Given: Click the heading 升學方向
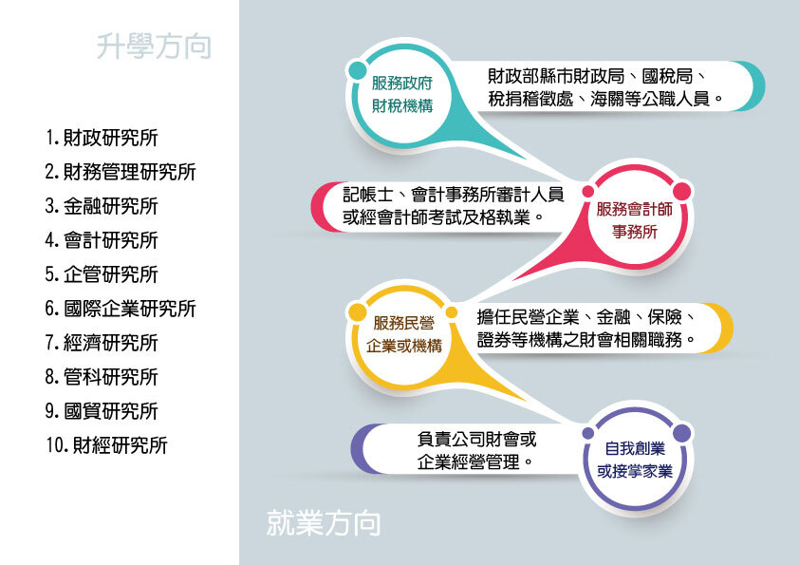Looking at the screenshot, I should pyautogui.click(x=153, y=46).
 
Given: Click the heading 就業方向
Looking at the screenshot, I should pyautogui.click(x=324, y=522).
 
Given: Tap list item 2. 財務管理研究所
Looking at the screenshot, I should pyautogui.click(x=120, y=172).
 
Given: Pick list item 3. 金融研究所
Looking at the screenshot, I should pyautogui.click(x=102, y=206).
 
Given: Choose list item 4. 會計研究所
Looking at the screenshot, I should pyautogui.click(x=102, y=240).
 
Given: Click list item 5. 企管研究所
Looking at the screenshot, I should pyautogui.click(x=102, y=274).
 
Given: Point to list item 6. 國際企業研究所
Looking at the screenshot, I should pyautogui.click(x=120, y=309).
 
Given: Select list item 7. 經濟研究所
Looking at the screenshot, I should pyautogui.click(x=102, y=343).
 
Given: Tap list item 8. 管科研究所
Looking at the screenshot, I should pyautogui.click(x=102, y=377).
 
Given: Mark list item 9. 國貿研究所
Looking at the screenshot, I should pyautogui.click(x=102, y=411).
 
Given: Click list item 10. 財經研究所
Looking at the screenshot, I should pyautogui.click(x=106, y=445).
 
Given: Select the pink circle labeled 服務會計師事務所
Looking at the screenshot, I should pyautogui.click(x=634, y=219).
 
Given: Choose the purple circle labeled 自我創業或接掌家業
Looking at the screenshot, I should pyautogui.click(x=635, y=459).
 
